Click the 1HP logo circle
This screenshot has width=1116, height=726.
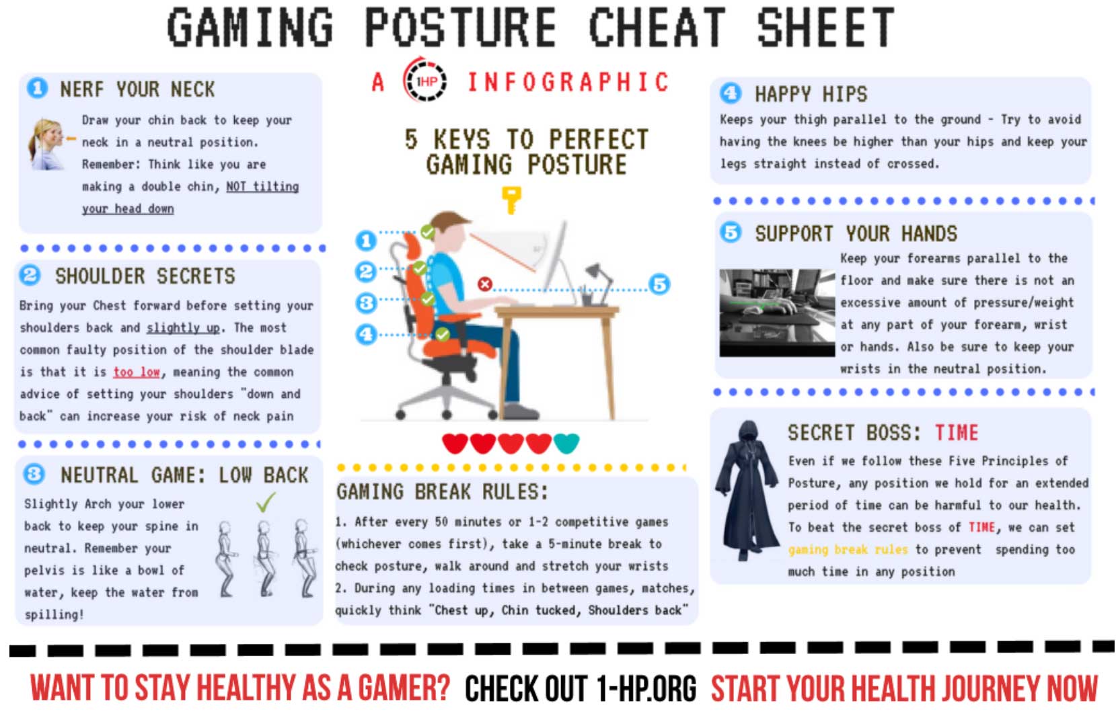click(x=425, y=81)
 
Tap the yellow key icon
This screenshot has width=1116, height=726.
click(x=512, y=200)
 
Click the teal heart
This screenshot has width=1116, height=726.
click(x=566, y=443)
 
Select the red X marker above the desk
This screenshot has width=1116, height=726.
click(x=485, y=284)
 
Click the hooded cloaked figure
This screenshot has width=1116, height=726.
click(x=747, y=491)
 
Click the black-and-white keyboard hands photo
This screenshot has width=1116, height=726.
click(x=777, y=312)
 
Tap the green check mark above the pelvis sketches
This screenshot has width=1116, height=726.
click(x=266, y=502)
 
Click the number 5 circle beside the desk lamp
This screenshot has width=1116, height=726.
click(x=659, y=284)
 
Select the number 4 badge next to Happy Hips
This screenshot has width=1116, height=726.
click(x=731, y=93)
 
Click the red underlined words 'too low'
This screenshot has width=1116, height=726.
click(x=137, y=372)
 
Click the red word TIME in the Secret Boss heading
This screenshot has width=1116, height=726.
click(x=957, y=433)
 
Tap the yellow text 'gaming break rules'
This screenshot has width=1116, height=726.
click(x=848, y=549)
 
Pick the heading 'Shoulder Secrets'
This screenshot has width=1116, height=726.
click(x=145, y=276)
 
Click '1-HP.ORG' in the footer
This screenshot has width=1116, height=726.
click(x=646, y=688)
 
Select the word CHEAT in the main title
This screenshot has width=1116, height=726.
click(x=657, y=28)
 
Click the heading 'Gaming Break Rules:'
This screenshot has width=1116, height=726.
click(x=443, y=492)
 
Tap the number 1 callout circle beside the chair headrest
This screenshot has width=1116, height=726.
click(x=366, y=241)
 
